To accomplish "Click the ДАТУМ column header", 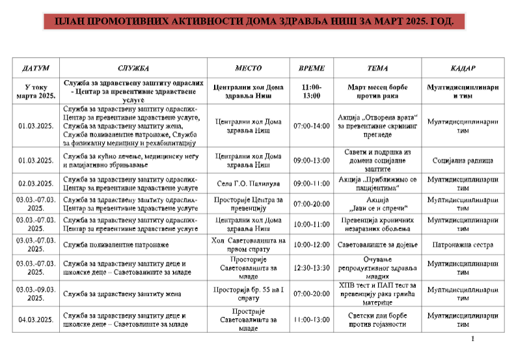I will [x=36, y=68].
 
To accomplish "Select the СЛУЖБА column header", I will [x=133, y=68].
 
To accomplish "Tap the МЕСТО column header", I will [x=248, y=68].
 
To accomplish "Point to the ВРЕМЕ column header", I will [x=311, y=68].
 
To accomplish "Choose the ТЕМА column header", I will [x=377, y=68].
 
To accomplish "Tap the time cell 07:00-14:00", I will [x=312, y=126].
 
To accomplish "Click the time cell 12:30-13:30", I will [x=312, y=268].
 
